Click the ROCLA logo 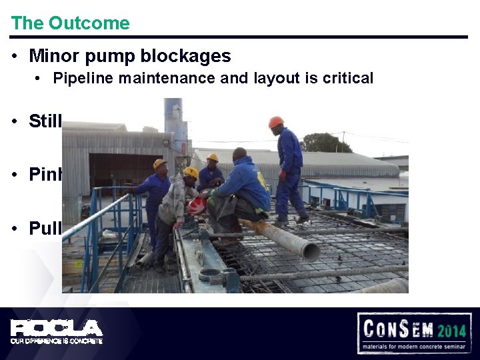pos(57,327)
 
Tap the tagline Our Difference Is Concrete pos(57,341)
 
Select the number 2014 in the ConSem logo pos(453,329)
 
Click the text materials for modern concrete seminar pos(415,347)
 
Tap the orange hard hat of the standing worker pos(276,122)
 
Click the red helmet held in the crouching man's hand pos(197,205)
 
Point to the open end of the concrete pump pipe pos(311,251)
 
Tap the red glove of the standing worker pos(283,175)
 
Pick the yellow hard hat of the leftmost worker pos(160,164)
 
